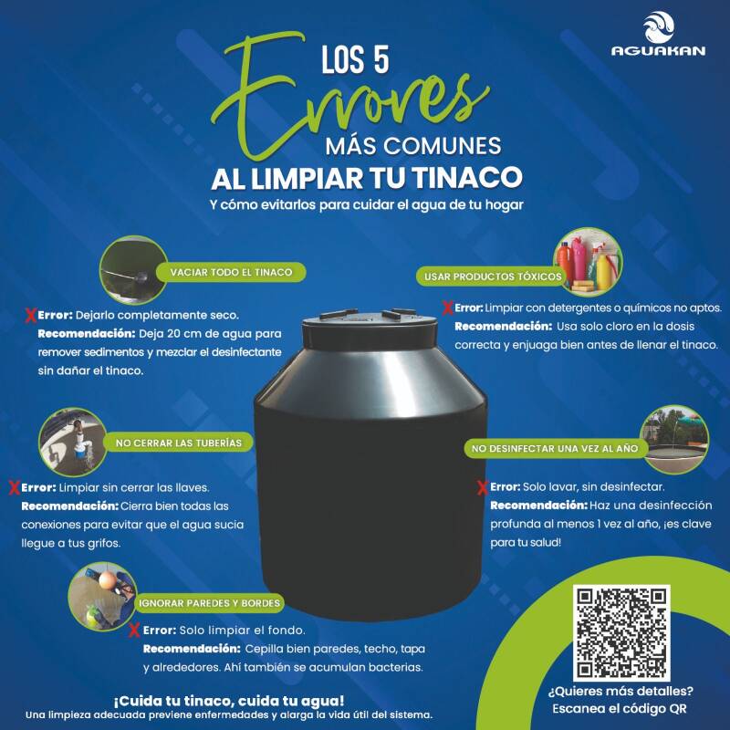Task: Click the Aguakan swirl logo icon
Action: tap(659, 27)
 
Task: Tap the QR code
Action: tap(621, 632)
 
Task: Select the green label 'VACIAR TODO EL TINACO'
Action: tap(231, 272)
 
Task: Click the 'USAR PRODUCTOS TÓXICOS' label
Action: tap(493, 276)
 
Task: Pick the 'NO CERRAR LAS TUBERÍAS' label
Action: tap(178, 443)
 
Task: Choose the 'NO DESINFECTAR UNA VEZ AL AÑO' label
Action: tap(555, 448)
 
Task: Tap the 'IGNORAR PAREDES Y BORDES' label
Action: tap(210, 603)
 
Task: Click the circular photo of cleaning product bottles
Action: tap(589, 262)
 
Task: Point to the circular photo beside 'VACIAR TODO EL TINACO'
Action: tap(134, 270)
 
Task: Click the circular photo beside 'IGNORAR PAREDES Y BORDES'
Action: tap(102, 597)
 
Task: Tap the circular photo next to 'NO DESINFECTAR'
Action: tap(674, 440)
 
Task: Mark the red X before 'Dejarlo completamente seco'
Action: tap(31, 315)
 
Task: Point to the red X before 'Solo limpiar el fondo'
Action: tap(134, 631)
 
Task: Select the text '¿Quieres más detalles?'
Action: tap(620, 692)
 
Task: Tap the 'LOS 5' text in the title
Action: tap(355, 59)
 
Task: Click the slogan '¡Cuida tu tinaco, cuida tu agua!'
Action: tap(229, 701)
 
